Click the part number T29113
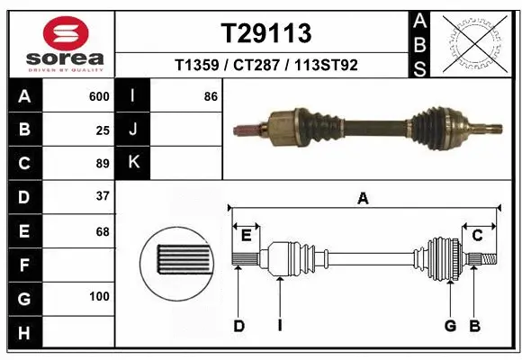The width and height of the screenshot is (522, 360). [x=266, y=33]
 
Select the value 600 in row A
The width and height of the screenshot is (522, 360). [x=99, y=96]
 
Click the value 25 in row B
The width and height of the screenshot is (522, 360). [x=103, y=130]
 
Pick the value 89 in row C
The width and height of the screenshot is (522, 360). [x=103, y=163]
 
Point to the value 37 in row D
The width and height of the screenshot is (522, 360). [x=103, y=196]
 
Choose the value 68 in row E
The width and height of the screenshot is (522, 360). [x=103, y=230]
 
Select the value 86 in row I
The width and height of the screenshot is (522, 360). [x=211, y=96]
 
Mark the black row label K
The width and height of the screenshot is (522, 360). [x=133, y=163]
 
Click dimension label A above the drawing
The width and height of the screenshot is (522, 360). [x=363, y=199]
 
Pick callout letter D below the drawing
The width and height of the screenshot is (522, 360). [x=238, y=326]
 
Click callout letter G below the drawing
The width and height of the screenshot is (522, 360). [x=450, y=326]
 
